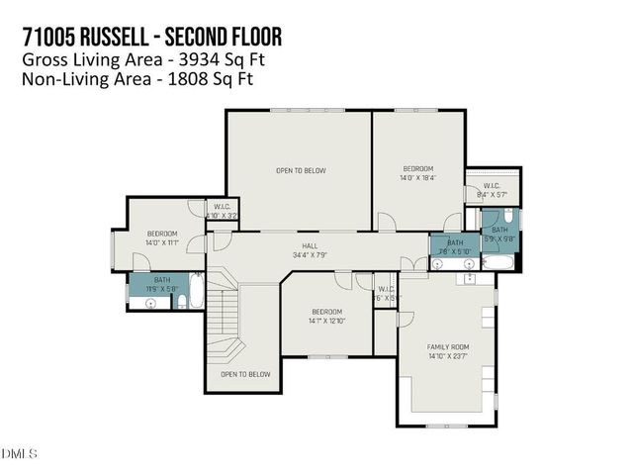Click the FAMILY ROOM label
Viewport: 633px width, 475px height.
447,346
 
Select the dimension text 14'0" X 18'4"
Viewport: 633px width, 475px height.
417,178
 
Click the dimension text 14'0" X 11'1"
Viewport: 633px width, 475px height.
161,241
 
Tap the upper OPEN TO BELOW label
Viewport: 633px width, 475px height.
300,170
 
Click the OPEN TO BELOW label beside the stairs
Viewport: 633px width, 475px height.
245,374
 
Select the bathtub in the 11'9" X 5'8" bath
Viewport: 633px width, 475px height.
196,293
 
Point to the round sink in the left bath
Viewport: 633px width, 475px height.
150,304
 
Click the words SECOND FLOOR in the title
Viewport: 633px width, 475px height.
224,38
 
